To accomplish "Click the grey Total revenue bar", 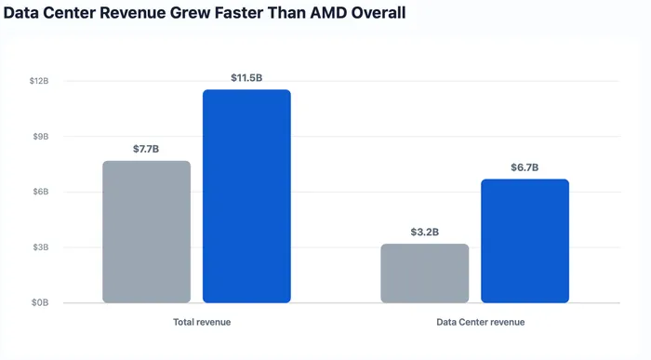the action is coord(147,232).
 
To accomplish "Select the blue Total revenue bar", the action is coord(246,196).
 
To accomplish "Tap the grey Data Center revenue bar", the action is coord(425,273).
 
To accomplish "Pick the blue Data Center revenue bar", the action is coord(525,241).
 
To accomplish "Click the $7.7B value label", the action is coord(146,149).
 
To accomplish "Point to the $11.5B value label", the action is coord(246,77).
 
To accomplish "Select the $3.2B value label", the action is coord(425,233).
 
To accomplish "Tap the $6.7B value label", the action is coord(525,167).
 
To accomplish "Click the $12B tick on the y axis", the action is coord(39,81).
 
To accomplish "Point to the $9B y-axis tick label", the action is coord(41,137).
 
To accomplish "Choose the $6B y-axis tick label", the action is coord(41,192).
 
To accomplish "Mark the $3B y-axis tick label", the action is coord(41,247).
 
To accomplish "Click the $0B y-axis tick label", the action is coord(40,302).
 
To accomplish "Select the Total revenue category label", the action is coord(202,322).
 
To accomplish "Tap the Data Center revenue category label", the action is coord(481,322).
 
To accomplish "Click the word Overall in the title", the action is coord(379,13).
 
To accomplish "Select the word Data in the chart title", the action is coord(20,13).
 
